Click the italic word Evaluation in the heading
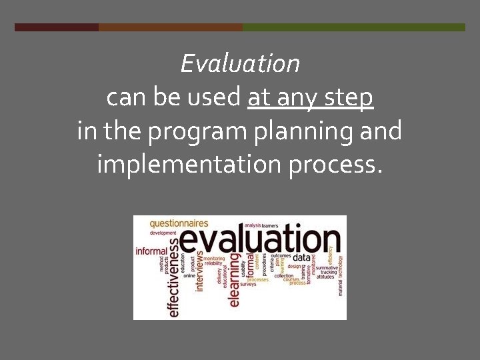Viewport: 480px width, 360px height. pyautogui.click(x=240, y=64)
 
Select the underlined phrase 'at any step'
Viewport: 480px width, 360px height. pyautogui.click(x=310, y=98)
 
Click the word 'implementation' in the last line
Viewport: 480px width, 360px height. pyautogui.click(x=189, y=163)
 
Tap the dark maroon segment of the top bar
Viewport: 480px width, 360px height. pyautogui.click(x=57, y=27)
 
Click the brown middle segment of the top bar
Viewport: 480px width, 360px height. pyautogui.click(x=170, y=27)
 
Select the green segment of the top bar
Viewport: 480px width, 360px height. pyautogui.click(x=353, y=27)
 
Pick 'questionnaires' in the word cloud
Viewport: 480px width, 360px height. pyautogui.click(x=179, y=223)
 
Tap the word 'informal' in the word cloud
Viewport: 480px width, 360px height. pyautogui.click(x=151, y=251)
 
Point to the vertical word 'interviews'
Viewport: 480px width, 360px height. pyautogui.click(x=199, y=271)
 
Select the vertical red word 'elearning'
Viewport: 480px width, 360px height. pyautogui.click(x=234, y=280)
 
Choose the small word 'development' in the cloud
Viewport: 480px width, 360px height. pyautogui.click(x=163, y=233)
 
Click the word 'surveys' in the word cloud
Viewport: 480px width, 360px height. pyautogui.click(x=248, y=284)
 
